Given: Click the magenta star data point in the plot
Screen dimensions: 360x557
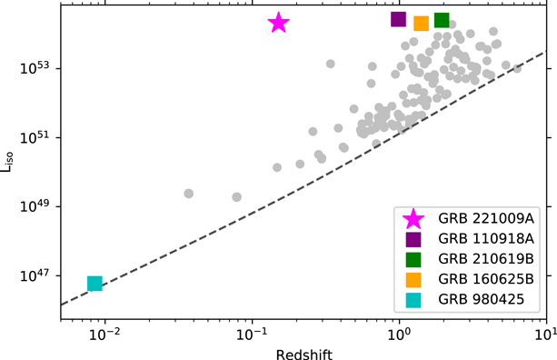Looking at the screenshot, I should (x=279, y=23).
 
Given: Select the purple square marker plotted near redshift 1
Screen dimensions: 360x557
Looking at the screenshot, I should (x=398, y=19).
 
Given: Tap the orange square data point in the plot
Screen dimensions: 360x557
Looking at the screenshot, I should (x=421, y=24).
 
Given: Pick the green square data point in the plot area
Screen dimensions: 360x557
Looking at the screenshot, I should (x=442, y=20).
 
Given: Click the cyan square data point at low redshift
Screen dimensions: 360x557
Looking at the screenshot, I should (x=94, y=284).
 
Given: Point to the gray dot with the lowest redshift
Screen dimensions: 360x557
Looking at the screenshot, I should (x=189, y=194).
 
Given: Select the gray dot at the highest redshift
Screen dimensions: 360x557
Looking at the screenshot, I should (x=518, y=68).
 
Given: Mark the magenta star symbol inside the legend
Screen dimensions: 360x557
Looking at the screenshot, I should (x=413, y=218).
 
